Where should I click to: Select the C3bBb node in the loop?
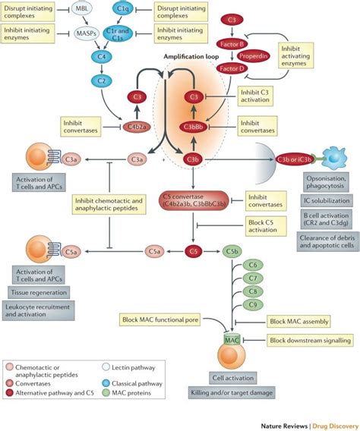pyautogui.click(x=194, y=127)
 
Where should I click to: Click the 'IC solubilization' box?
pyautogui.click(x=314, y=202)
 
